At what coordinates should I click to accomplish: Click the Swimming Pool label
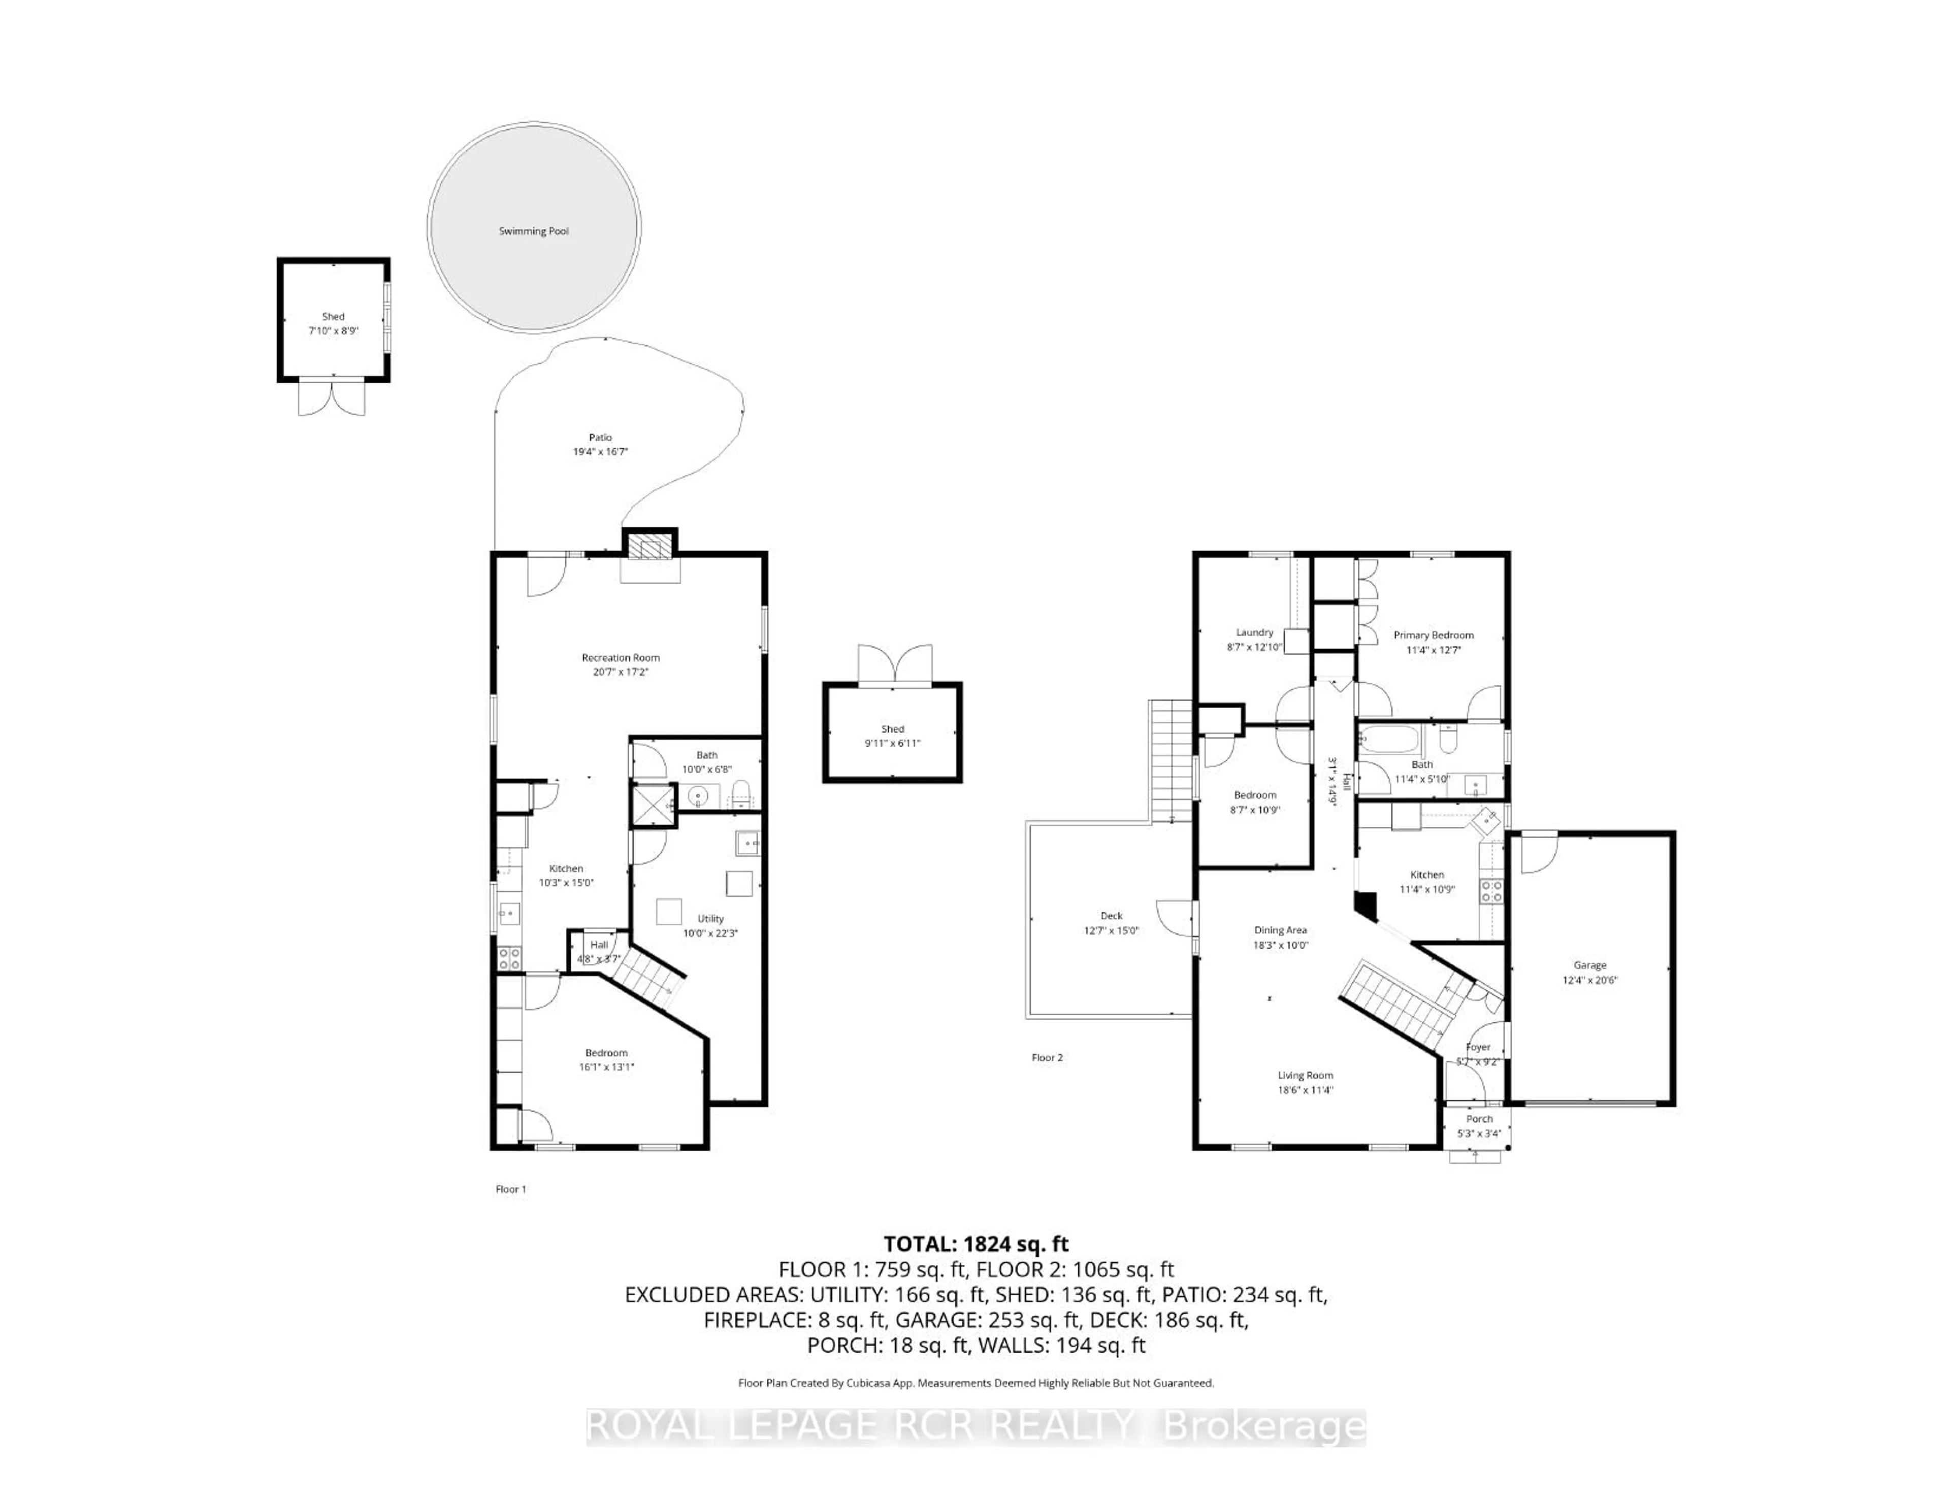click(533, 231)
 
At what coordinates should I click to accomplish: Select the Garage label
click(1589, 965)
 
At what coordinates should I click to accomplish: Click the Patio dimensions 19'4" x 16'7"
click(600, 452)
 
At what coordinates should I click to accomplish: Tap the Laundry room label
click(1254, 632)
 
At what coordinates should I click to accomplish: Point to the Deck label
click(1111, 916)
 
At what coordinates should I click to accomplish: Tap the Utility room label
click(711, 919)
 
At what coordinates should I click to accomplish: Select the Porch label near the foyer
click(1479, 1119)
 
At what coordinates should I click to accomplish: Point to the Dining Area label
click(1280, 930)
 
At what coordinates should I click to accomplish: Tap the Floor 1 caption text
click(511, 1189)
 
